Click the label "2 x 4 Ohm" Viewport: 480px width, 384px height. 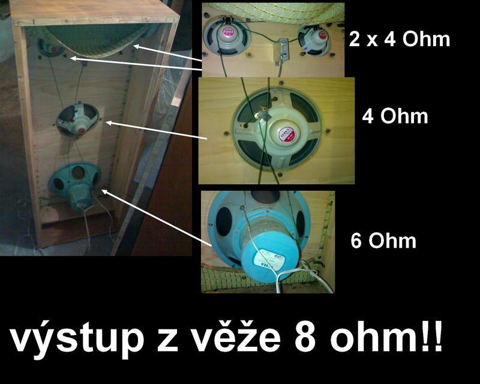point(400,40)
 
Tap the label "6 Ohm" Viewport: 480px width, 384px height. point(383,241)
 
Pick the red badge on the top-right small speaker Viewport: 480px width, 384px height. point(322,35)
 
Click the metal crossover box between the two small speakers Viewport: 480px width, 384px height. point(281,51)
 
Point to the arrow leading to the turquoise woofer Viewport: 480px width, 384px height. point(157,218)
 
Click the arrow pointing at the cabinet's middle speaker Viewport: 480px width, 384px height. point(156,131)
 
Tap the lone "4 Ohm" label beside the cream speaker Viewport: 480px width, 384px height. point(395,116)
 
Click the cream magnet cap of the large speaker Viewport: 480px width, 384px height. point(286,135)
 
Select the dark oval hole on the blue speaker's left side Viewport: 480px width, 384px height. point(224,221)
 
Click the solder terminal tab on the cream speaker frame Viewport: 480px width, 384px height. point(262,115)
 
